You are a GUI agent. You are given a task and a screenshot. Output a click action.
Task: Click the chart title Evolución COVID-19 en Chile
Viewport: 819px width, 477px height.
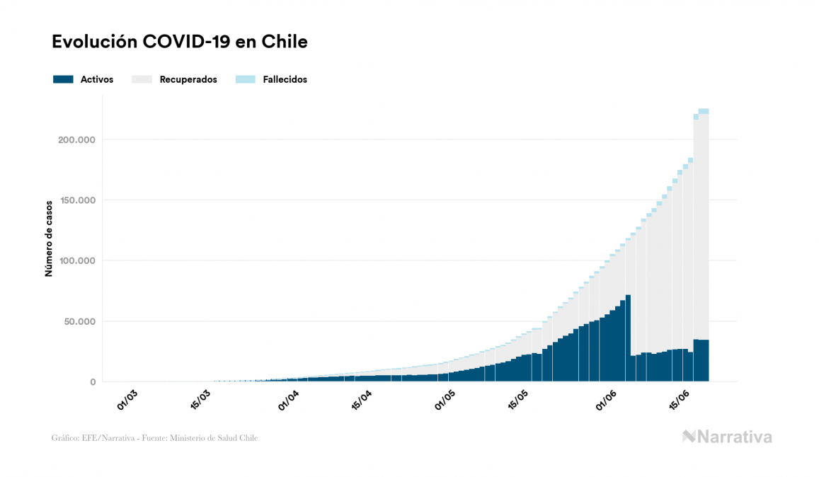180,42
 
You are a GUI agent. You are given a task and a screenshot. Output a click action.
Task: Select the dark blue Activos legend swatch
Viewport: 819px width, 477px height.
63,79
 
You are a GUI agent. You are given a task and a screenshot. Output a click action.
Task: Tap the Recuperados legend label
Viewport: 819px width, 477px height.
188,79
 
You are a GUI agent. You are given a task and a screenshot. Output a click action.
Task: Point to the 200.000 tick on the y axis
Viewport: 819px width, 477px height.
77,139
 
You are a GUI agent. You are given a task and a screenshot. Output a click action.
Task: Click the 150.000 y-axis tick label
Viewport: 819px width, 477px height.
77,200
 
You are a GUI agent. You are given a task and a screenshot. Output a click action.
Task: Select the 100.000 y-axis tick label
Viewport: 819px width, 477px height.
77,260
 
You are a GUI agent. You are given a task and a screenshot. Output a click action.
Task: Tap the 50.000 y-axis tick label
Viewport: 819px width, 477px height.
80,321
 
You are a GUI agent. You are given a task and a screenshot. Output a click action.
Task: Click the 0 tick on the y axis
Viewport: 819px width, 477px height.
93,382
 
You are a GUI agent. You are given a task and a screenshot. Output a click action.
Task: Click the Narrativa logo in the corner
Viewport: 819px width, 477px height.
727,437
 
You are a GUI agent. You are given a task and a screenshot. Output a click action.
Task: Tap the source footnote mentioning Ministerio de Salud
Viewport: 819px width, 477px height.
154,438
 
